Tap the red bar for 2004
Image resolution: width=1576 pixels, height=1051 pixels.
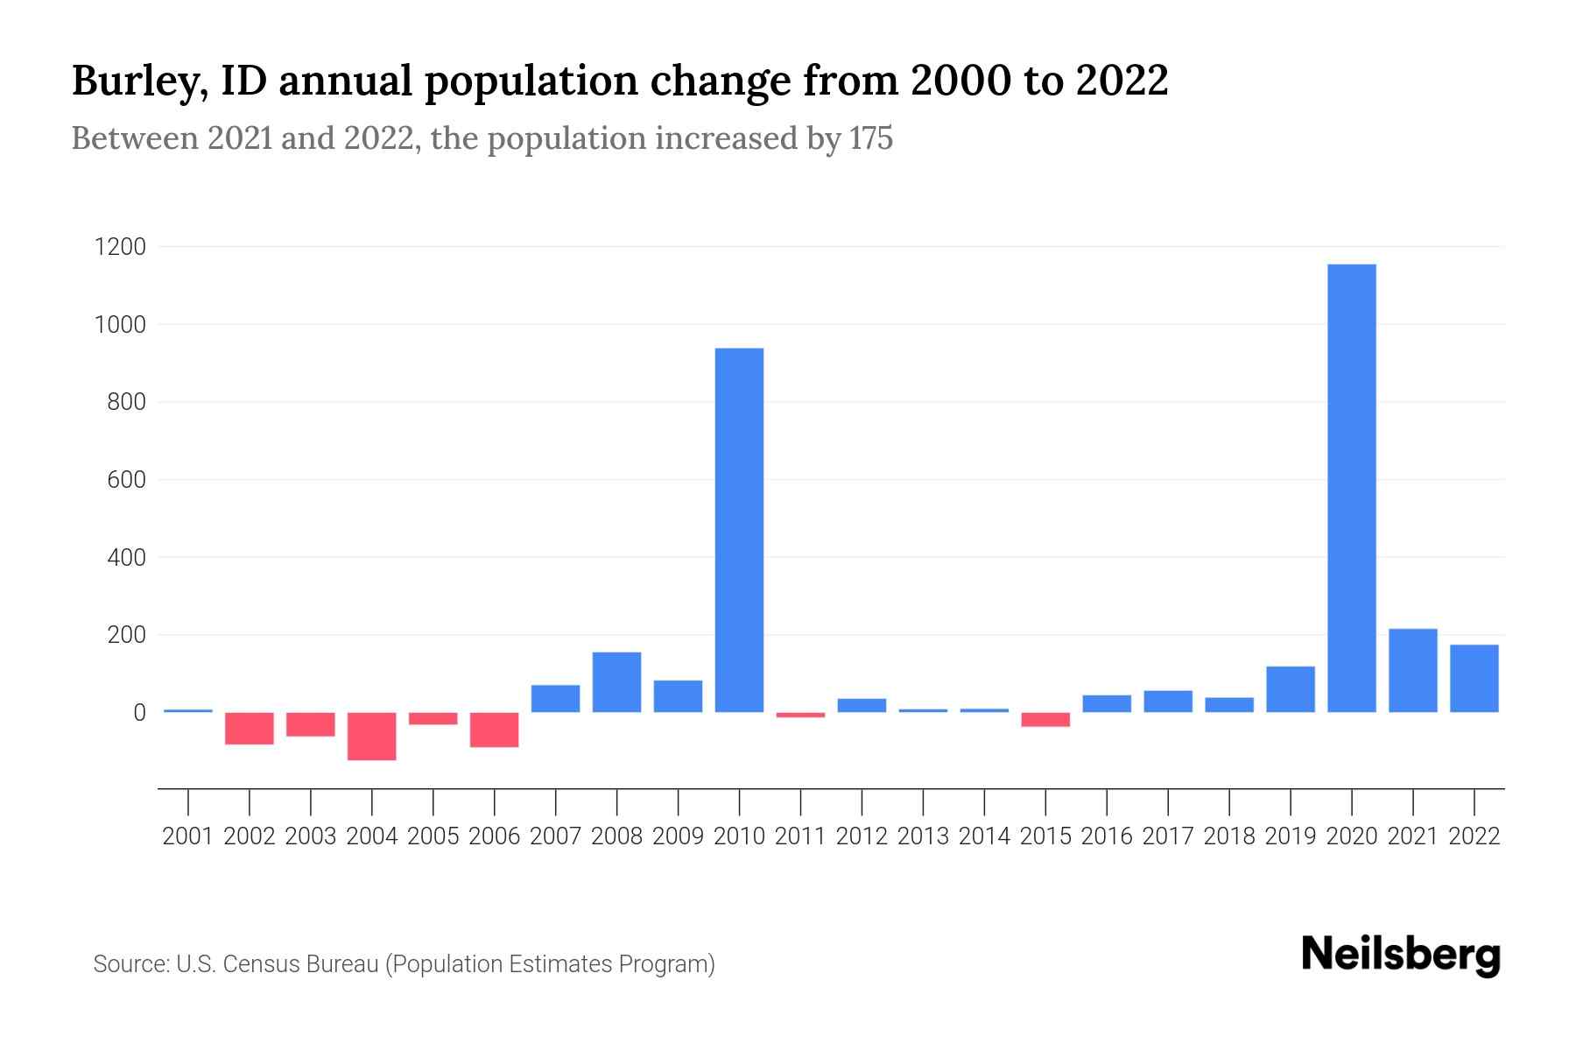(371, 736)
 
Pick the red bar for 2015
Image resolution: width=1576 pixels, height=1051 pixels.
(1045, 719)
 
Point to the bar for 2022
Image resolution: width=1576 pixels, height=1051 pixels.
(1474, 678)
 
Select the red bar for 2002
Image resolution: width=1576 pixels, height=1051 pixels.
(250, 728)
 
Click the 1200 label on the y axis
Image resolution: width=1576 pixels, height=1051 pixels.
(120, 247)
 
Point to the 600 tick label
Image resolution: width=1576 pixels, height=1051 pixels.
(126, 480)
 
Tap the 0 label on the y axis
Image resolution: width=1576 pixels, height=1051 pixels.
(138, 713)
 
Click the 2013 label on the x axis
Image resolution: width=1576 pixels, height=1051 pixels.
(923, 836)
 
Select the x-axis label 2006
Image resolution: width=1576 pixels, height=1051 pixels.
(494, 836)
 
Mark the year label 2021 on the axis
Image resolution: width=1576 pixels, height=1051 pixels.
(1412, 836)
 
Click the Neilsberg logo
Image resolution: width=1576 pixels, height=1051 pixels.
(1401, 955)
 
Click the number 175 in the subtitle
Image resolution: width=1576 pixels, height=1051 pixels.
(870, 138)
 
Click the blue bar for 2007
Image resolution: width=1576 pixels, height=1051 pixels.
(555, 698)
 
